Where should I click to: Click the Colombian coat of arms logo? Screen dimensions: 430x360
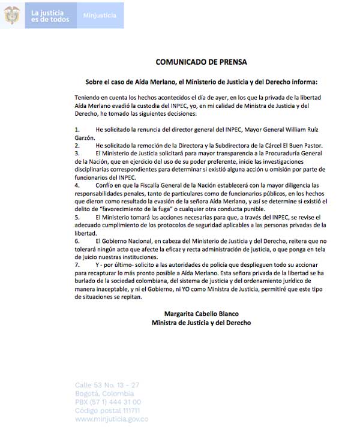[12, 15]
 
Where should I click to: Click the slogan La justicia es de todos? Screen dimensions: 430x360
[51, 16]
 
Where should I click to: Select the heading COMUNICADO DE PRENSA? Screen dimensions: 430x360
[201, 62]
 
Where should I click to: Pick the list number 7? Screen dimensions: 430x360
[77, 264]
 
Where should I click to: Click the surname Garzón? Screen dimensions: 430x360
[87, 137]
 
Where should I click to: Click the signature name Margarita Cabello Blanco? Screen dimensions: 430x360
[201, 314]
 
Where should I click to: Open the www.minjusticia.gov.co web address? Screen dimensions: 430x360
[112, 419]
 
